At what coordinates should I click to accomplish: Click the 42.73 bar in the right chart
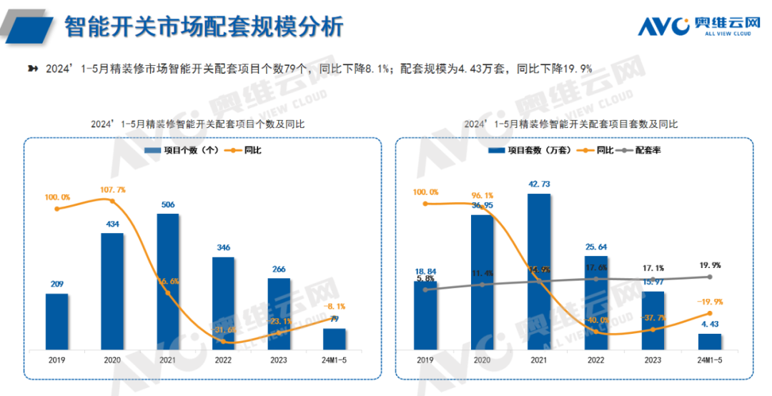(539, 272)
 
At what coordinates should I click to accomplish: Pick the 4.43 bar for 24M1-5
(709, 341)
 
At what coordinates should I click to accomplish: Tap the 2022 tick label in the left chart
(224, 360)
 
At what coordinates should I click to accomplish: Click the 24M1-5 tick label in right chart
(709, 360)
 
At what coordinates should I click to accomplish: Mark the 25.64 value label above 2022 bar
(595, 247)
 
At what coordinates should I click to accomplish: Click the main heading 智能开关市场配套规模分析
(204, 27)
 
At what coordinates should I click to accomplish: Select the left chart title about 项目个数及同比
(197, 124)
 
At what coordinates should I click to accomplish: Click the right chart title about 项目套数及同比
(571, 124)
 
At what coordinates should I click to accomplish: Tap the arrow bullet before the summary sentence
(32, 68)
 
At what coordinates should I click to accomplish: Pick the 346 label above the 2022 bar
(224, 247)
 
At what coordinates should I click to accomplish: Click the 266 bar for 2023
(279, 313)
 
